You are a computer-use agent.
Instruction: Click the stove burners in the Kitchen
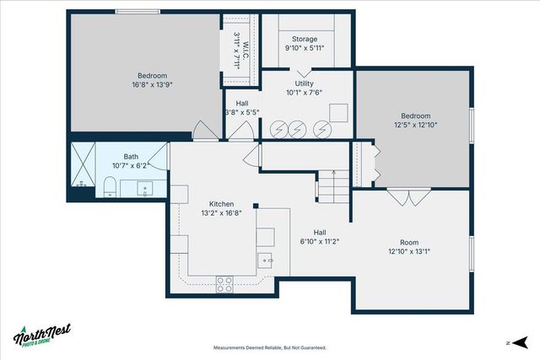click(224, 284)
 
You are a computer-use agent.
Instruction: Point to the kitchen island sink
click(264, 260)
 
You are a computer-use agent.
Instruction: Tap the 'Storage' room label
click(305, 39)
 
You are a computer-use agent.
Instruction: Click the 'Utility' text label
click(305, 84)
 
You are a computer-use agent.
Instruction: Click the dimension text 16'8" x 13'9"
click(153, 85)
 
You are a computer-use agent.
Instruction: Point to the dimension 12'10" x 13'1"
click(409, 251)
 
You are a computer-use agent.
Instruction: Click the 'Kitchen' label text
click(221, 204)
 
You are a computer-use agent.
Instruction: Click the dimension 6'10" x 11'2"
click(320, 241)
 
